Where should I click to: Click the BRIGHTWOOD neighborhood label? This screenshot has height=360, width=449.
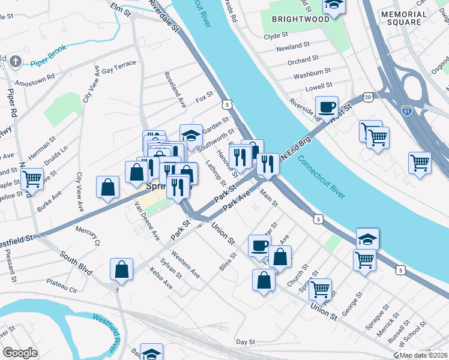[x=300, y=19]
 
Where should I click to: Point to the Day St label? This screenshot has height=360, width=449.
[x=246, y=341]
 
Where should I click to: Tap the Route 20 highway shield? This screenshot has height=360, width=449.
[x=367, y=97]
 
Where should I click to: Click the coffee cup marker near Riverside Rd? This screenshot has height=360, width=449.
[x=327, y=107]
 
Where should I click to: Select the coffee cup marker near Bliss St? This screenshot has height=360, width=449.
[x=260, y=245]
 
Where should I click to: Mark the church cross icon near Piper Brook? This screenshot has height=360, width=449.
[x=16, y=61]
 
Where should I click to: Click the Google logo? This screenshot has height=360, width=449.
[x=20, y=353]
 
